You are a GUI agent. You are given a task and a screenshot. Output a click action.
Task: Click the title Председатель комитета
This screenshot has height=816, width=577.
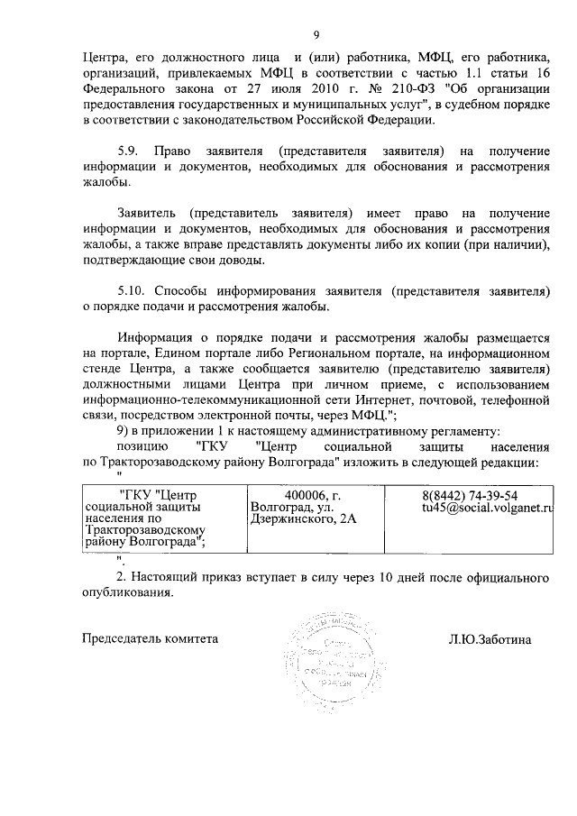coord(151,638)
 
